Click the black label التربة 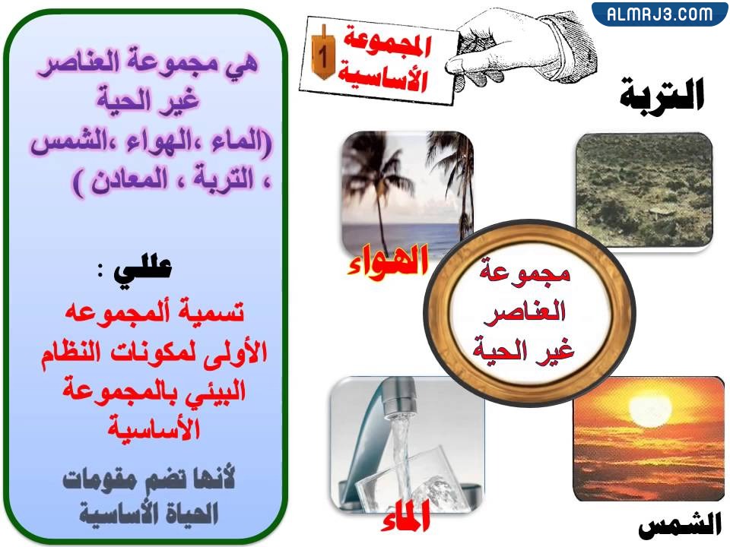(x=662, y=95)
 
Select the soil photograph (x=643, y=191)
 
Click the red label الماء (x=405, y=518)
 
